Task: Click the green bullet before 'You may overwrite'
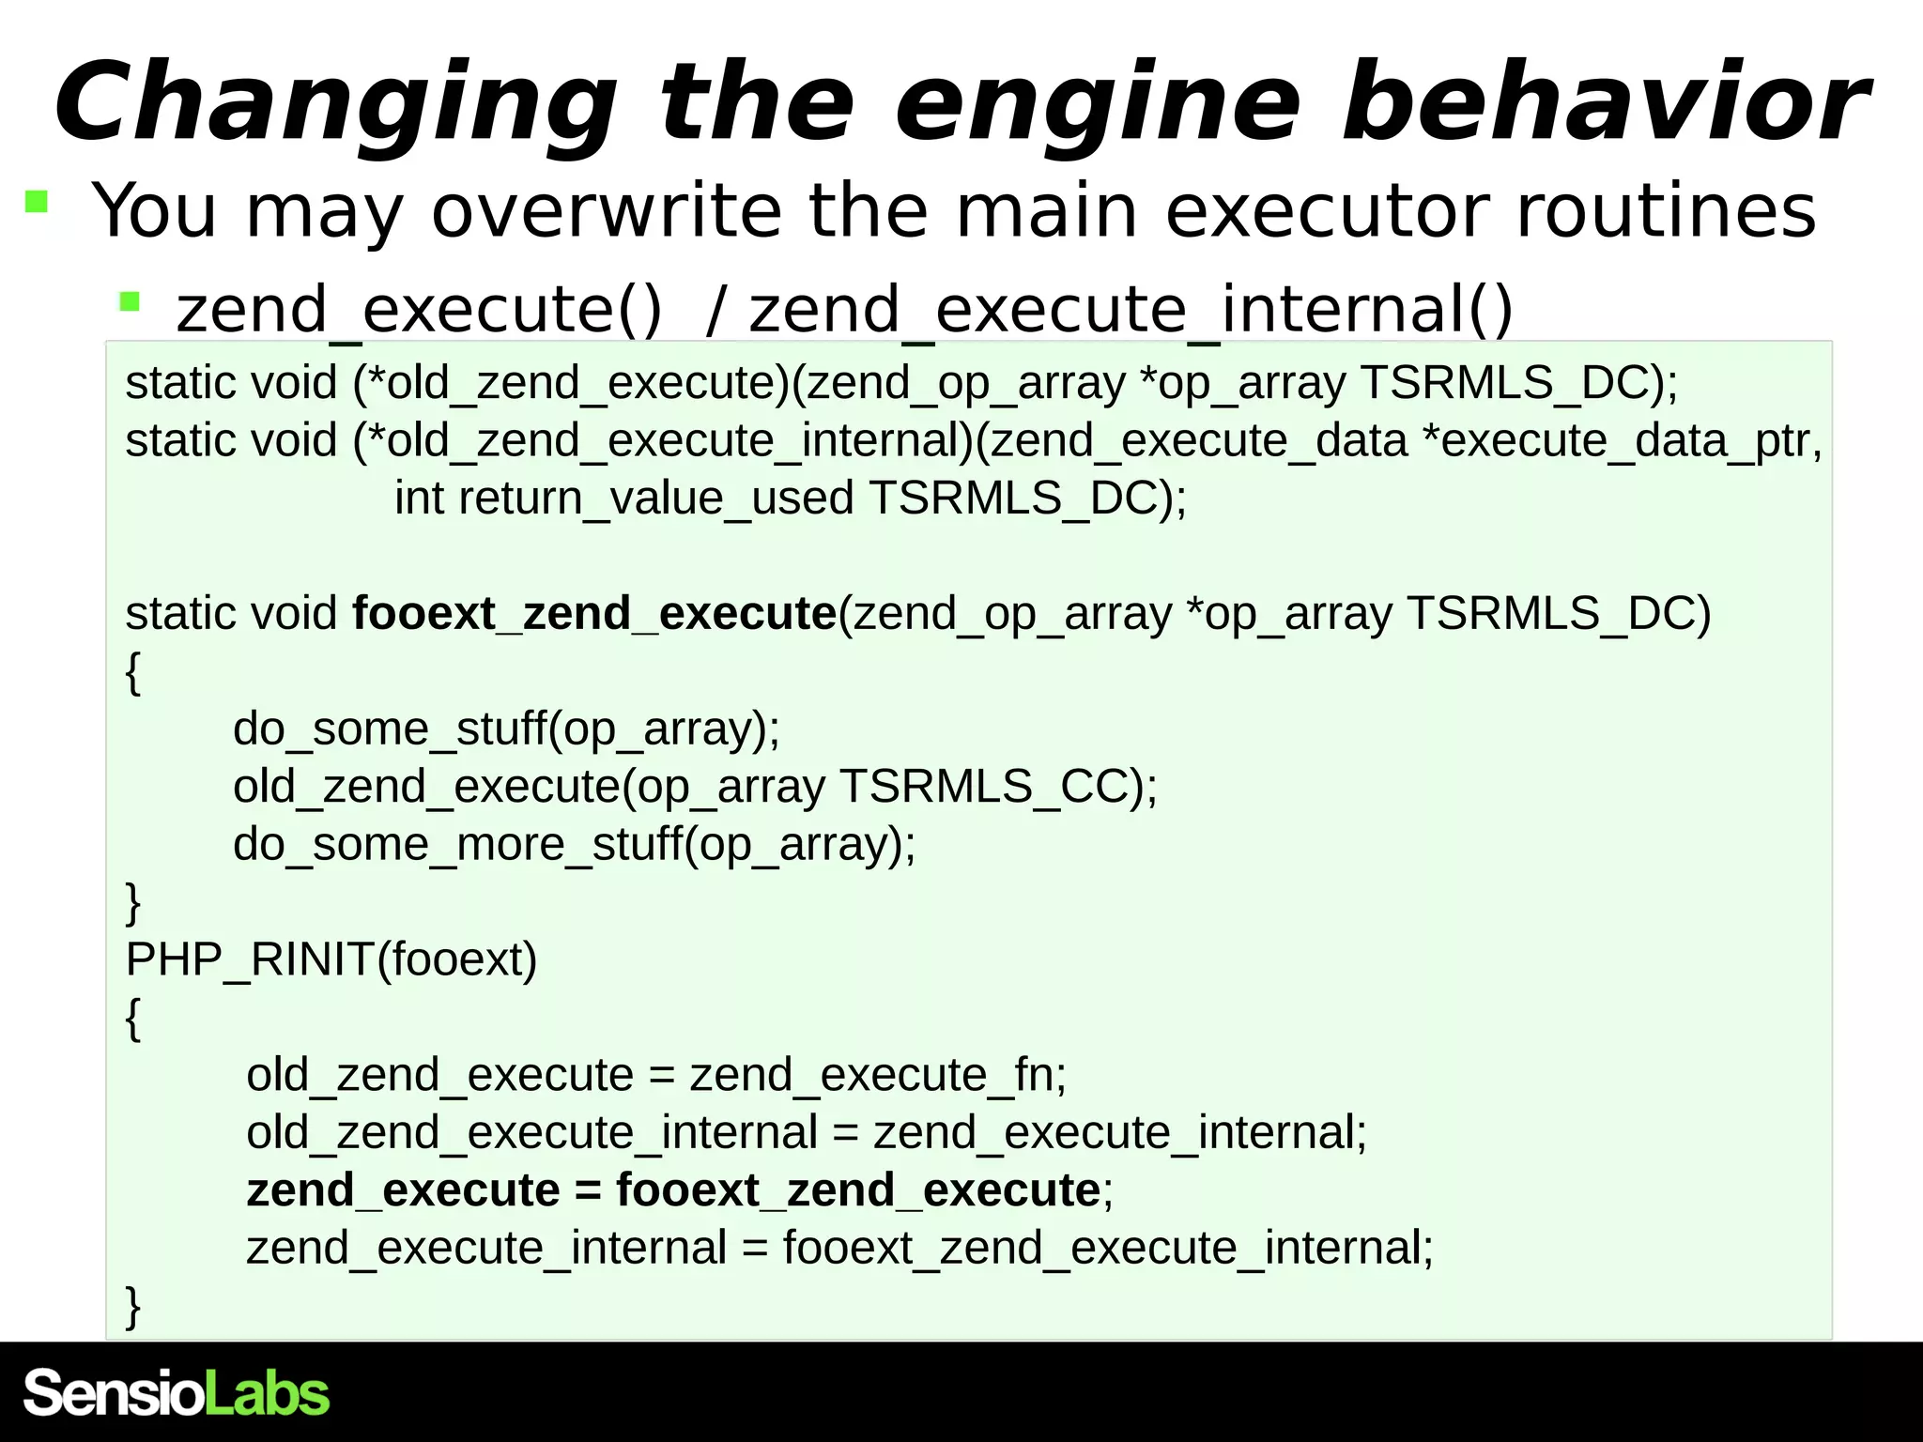(x=37, y=202)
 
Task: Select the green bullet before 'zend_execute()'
(x=130, y=301)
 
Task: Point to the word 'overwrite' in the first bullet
(x=607, y=210)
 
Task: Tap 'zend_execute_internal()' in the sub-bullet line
(x=1131, y=309)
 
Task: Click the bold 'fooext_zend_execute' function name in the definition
(x=594, y=613)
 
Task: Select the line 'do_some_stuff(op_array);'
(x=506, y=729)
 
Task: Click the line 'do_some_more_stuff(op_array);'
(x=574, y=844)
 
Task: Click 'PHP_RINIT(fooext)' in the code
(x=331, y=959)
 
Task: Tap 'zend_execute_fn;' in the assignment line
(x=878, y=1075)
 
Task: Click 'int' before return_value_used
(x=419, y=498)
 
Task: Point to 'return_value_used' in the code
(x=656, y=498)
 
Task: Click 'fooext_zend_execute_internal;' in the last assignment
(x=1108, y=1249)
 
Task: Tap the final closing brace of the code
(x=133, y=1306)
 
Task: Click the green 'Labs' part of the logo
(x=268, y=1393)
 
